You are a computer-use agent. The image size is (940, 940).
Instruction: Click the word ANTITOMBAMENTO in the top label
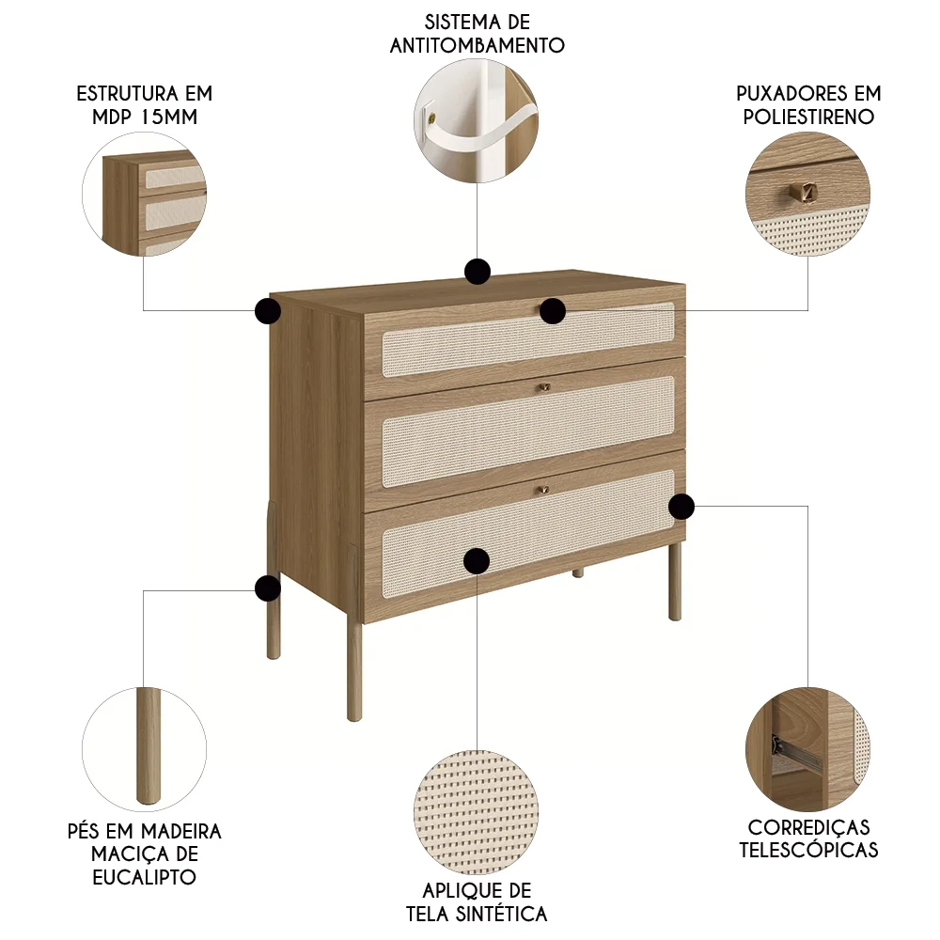478,44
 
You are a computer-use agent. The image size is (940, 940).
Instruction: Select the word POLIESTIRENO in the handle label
808,117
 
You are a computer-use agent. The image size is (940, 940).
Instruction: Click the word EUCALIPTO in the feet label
144,877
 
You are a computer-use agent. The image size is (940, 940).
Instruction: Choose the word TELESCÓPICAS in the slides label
808,850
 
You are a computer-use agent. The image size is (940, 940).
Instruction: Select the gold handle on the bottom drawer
542,489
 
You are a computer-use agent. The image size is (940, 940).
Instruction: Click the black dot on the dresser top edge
478,272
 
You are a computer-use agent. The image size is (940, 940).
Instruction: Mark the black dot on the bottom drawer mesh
477,561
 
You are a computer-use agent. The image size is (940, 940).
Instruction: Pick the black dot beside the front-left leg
268,588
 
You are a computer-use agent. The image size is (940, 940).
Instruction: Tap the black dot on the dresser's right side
681,507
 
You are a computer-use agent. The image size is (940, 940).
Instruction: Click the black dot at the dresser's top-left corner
268,311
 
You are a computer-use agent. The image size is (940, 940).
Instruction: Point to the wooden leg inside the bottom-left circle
148,747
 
